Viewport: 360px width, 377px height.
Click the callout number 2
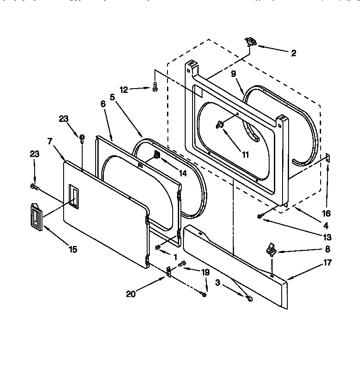click(x=293, y=53)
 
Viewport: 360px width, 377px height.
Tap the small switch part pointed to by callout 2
click(x=250, y=42)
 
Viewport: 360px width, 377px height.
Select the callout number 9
click(x=233, y=74)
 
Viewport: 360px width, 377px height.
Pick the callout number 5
click(x=112, y=98)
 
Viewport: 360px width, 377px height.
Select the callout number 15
click(x=73, y=249)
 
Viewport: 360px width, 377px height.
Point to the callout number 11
click(x=245, y=154)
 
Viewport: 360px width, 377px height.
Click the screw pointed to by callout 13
click(x=260, y=216)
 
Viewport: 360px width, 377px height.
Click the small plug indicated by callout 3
click(x=250, y=298)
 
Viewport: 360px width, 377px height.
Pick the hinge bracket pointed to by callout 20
click(x=168, y=272)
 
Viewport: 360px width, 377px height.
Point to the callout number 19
click(x=206, y=272)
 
